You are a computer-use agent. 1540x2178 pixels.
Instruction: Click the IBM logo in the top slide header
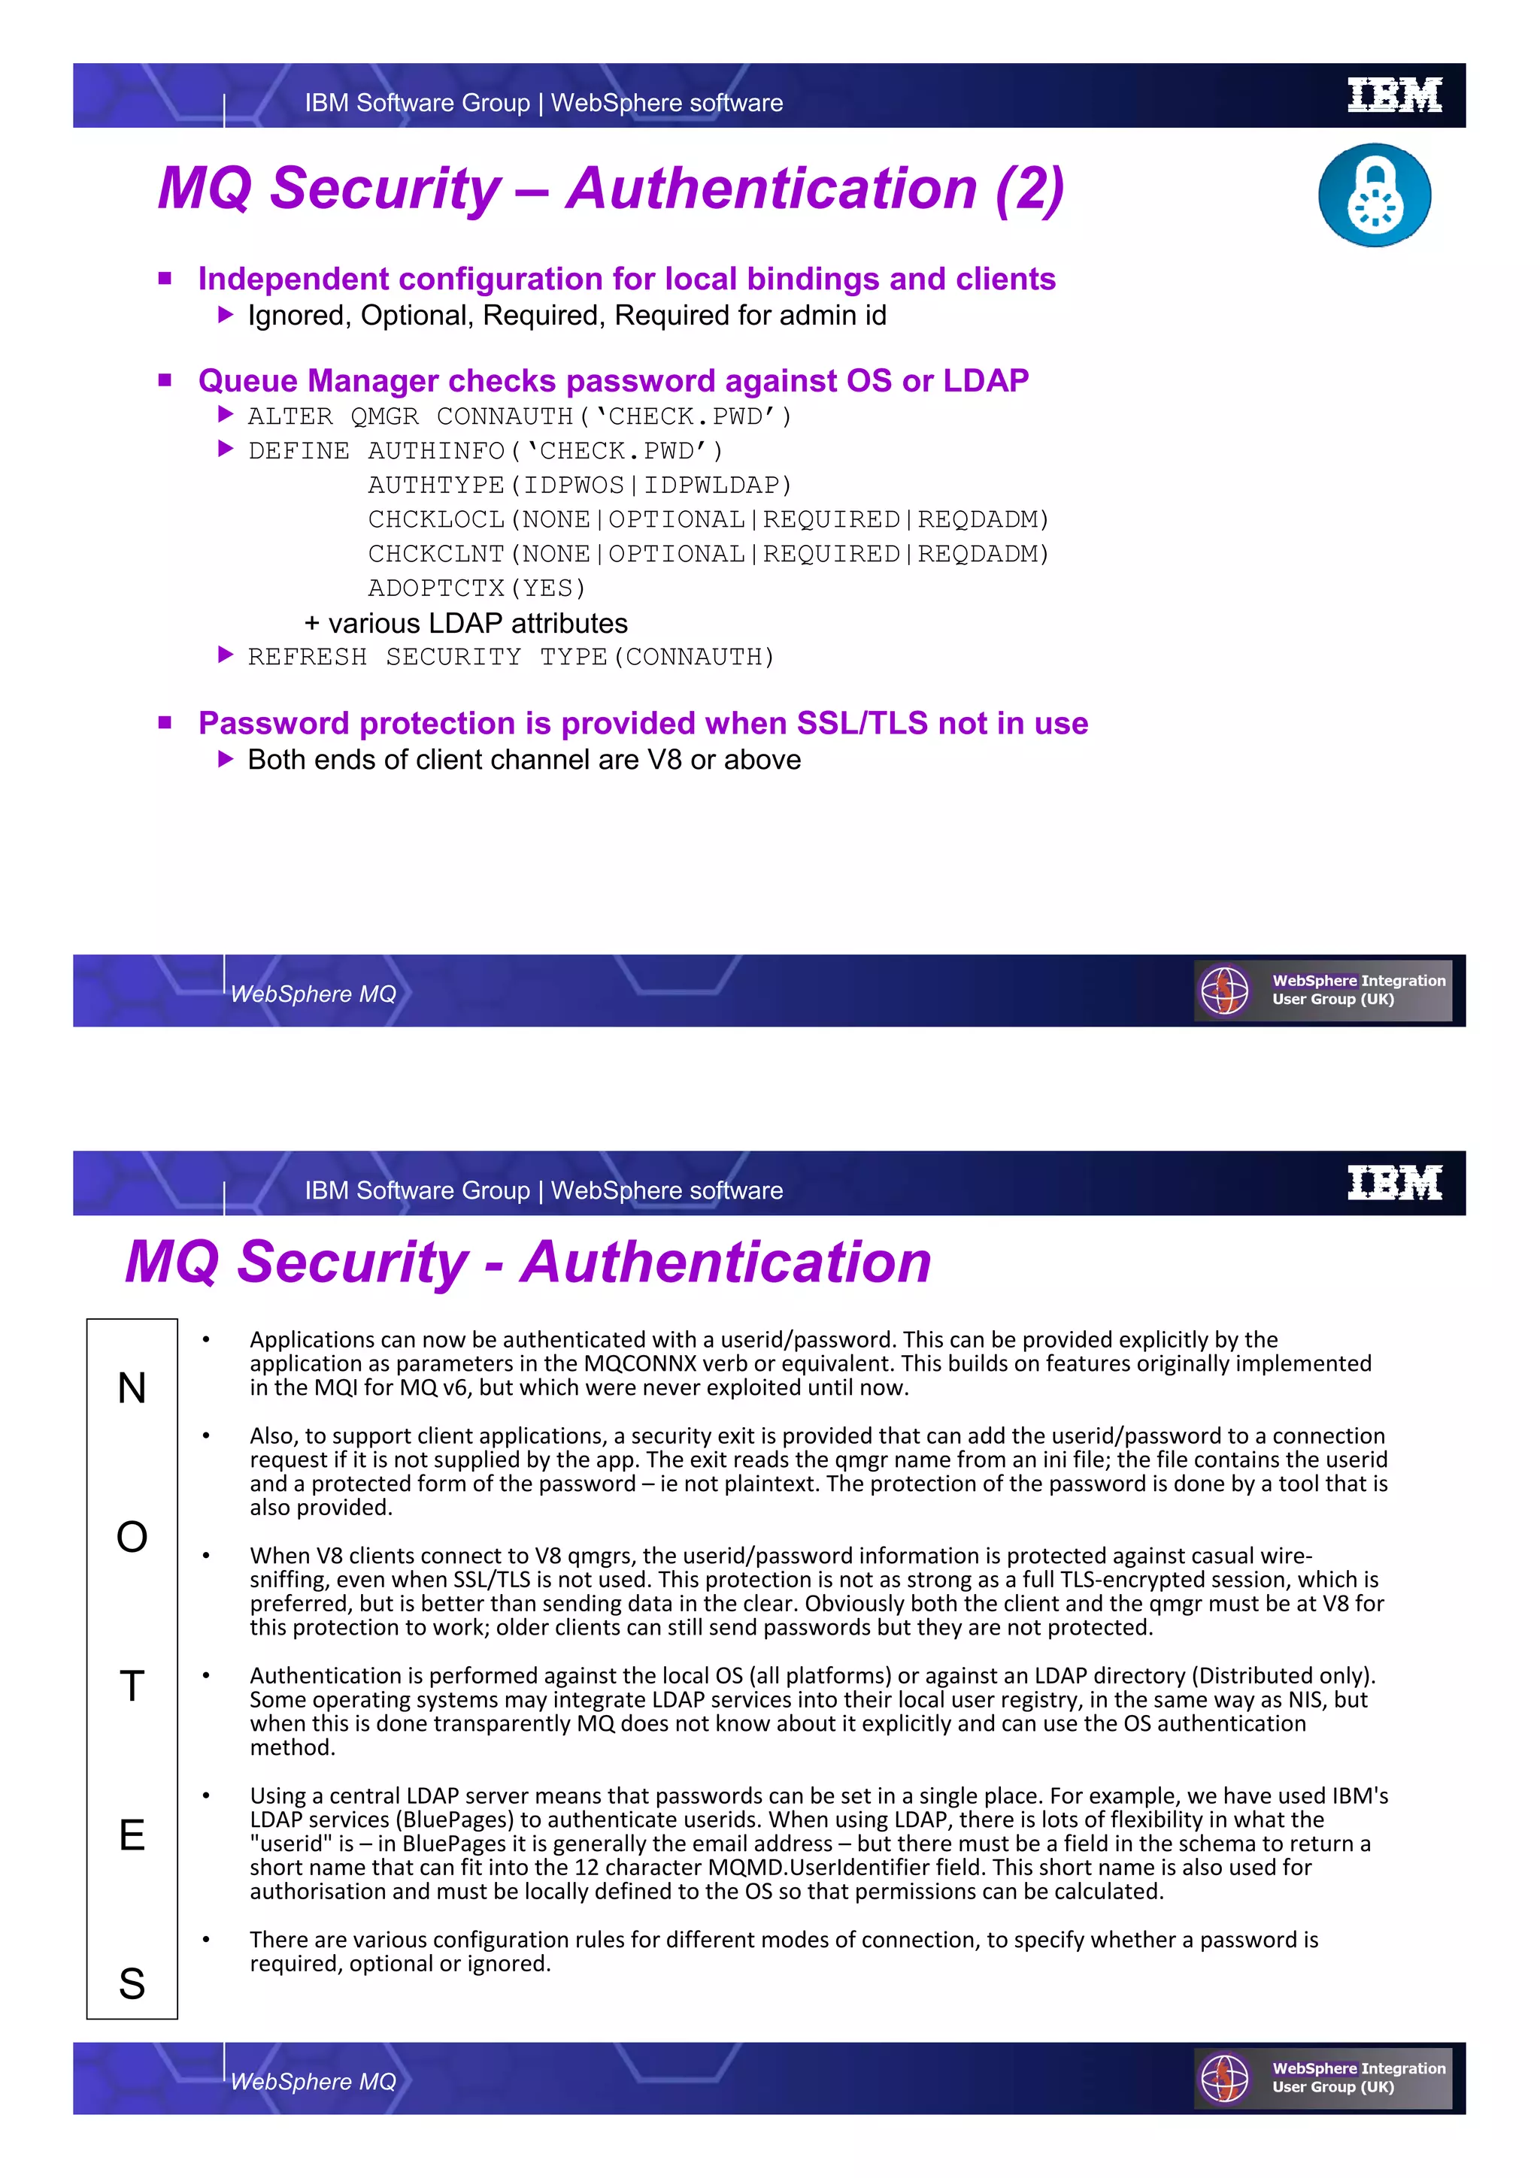1394,95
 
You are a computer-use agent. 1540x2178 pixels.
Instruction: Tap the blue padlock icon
1374,195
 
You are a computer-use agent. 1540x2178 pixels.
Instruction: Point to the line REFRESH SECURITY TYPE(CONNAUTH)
511,656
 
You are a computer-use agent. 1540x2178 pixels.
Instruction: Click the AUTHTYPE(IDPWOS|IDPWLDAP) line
580,485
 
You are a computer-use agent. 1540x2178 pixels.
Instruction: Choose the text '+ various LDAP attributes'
466,623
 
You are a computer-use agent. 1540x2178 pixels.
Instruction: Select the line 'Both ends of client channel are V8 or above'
524,760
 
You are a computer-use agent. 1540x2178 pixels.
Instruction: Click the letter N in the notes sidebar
132,1388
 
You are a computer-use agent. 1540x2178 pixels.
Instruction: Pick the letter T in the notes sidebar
132,1686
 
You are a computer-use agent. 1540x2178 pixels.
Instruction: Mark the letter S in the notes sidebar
132,1983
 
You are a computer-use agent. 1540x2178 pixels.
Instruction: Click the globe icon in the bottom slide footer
1224,2078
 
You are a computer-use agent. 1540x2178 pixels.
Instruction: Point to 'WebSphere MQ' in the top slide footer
313,994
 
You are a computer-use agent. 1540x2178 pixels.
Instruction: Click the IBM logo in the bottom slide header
1394,1183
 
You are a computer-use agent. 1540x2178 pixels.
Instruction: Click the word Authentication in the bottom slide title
727,1262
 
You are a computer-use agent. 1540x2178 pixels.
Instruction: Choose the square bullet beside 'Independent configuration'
165,278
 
